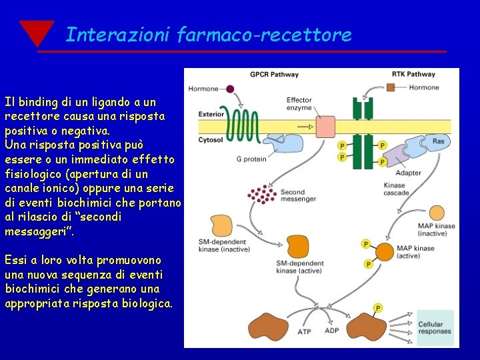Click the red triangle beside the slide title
36,32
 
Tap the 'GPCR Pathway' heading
274,75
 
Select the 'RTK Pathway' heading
413,75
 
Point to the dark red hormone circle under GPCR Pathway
230,88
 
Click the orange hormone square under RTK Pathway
391,87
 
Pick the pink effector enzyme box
325,127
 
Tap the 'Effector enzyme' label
299,104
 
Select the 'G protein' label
251,159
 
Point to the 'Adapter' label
408,173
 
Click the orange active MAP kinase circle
385,252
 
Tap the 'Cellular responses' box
435,327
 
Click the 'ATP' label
304,331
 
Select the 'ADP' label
332,331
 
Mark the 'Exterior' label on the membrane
211,114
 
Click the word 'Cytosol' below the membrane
211,140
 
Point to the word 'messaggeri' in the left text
33,232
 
